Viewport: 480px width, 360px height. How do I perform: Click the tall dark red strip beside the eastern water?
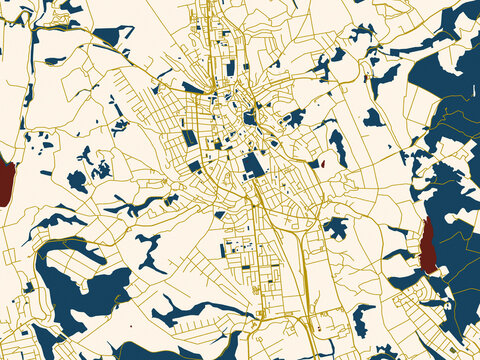coord(428,246)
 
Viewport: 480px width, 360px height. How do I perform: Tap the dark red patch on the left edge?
coord(6,182)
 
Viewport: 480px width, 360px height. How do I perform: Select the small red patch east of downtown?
coord(322,162)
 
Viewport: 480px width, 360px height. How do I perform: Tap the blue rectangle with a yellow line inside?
coord(190,137)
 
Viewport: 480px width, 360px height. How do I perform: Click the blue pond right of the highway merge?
coord(335,228)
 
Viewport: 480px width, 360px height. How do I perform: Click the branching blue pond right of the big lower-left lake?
coord(150,250)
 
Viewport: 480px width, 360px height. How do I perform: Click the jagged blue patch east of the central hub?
coord(292,119)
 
